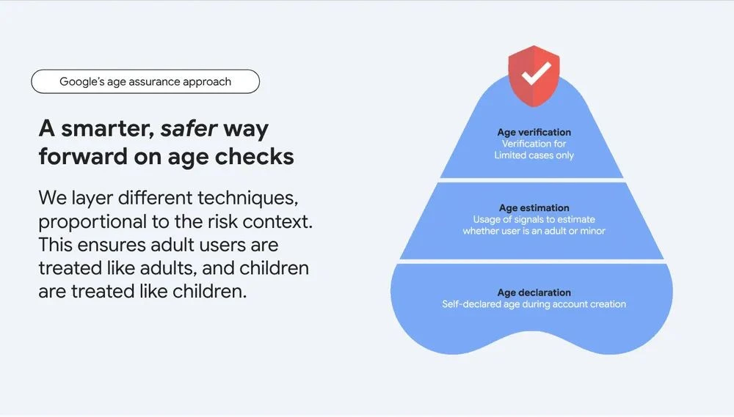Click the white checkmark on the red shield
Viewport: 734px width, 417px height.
537,73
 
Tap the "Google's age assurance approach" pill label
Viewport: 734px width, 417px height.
145,81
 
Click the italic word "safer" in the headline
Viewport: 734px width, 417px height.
189,128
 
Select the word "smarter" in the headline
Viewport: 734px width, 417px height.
108,128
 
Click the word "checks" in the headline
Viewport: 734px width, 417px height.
254,156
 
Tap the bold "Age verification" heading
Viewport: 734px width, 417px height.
534,133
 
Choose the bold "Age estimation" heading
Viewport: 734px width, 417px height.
534,208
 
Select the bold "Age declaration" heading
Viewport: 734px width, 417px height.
534,292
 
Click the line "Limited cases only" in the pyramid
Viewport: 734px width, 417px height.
534,155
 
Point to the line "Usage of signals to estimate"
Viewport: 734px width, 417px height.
534,219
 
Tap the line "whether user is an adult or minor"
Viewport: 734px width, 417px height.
534,231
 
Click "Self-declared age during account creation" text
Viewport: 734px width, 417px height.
534,304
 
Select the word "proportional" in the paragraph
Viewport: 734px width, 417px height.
92,221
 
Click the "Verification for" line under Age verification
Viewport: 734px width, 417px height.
534,144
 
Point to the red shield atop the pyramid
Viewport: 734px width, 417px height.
534,75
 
